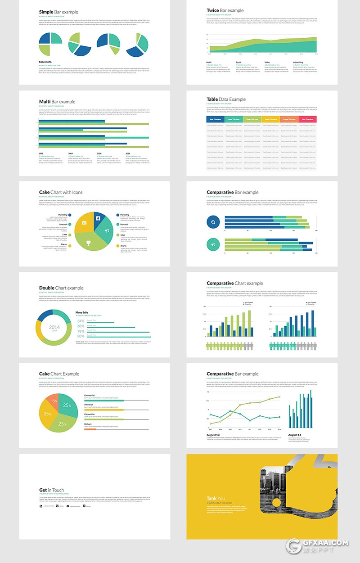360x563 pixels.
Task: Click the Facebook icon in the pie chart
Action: pyautogui.click(x=98, y=218)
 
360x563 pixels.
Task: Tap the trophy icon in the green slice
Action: pyautogui.click(x=88, y=243)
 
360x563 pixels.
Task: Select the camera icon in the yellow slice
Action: pyautogui.click(x=84, y=223)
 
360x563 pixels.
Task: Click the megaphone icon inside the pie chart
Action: pyautogui.click(x=107, y=231)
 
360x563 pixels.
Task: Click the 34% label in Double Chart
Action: pyautogui.click(x=81, y=321)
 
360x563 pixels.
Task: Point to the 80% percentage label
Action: pyautogui.click(x=81, y=336)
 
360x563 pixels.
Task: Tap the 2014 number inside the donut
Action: pyautogui.click(x=54, y=327)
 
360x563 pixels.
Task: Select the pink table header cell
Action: pyautogui.click(x=307, y=119)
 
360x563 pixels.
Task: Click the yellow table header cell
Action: pyautogui.click(x=270, y=119)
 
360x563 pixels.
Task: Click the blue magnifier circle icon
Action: pyautogui.click(x=213, y=222)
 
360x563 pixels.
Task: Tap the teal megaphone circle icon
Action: pyautogui.click(x=213, y=244)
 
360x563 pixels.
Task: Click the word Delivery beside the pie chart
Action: pyautogui.click(x=88, y=424)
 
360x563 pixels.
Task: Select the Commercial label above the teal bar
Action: pyautogui.click(x=90, y=395)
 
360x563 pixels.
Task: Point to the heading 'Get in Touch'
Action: pyautogui.click(x=51, y=490)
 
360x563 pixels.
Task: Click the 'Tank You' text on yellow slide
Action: pyautogui.click(x=216, y=498)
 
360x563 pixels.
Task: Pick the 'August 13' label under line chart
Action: pyautogui.click(x=214, y=435)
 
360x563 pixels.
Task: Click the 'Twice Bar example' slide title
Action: pyautogui.click(x=225, y=10)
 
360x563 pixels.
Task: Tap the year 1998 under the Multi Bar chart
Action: pyautogui.click(x=41, y=153)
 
